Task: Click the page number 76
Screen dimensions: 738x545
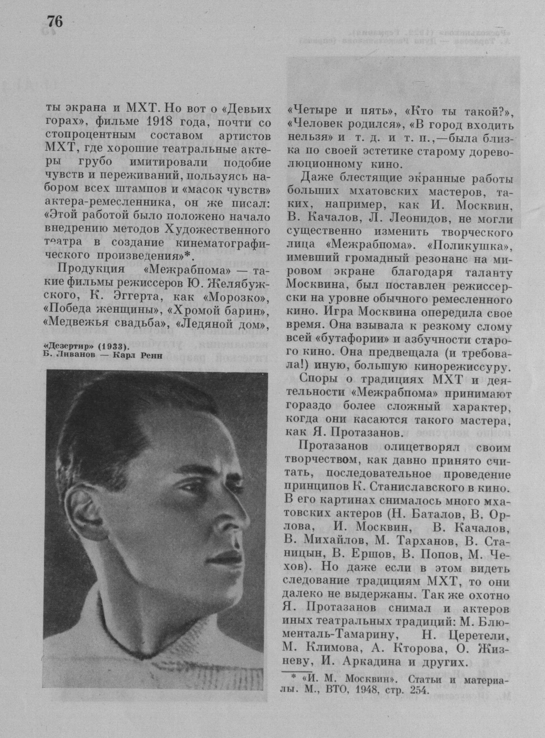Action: click(55, 21)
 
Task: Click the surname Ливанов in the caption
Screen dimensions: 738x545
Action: click(73, 356)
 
